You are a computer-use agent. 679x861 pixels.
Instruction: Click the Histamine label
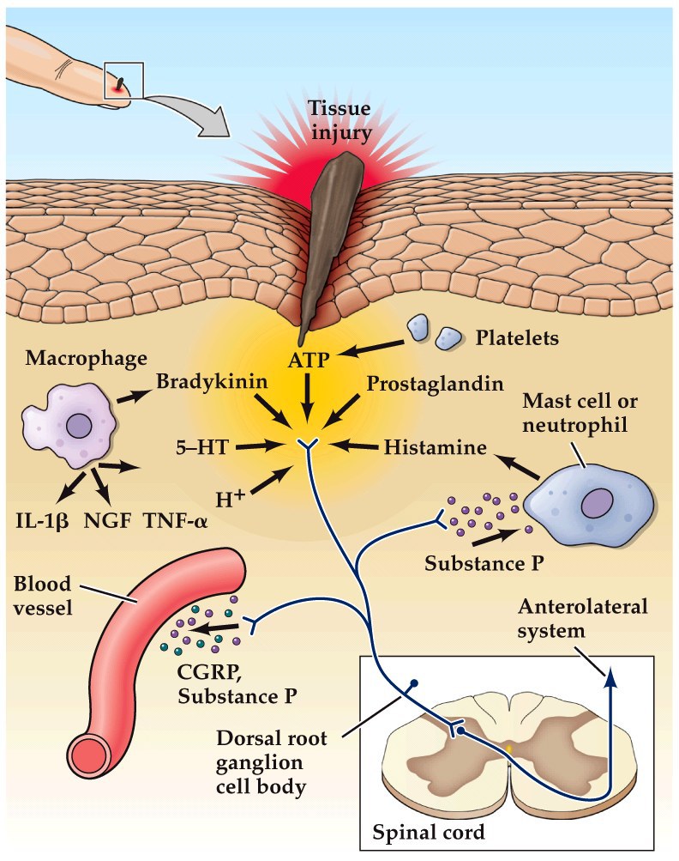click(435, 447)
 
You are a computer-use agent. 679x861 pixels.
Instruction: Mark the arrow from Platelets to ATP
click(370, 346)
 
